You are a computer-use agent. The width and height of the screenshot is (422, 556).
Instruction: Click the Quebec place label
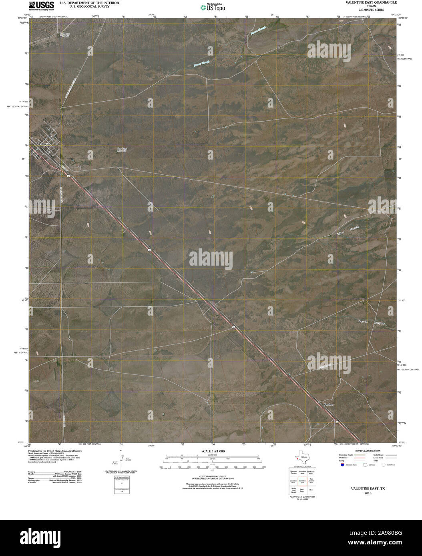328,404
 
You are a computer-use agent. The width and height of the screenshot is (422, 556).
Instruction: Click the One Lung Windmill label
122,150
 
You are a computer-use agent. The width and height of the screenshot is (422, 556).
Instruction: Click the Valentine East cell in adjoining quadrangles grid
302,482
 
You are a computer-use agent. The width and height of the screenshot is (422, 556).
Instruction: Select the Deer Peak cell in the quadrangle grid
302,490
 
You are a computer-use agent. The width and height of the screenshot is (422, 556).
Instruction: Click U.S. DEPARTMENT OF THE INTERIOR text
84,2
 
